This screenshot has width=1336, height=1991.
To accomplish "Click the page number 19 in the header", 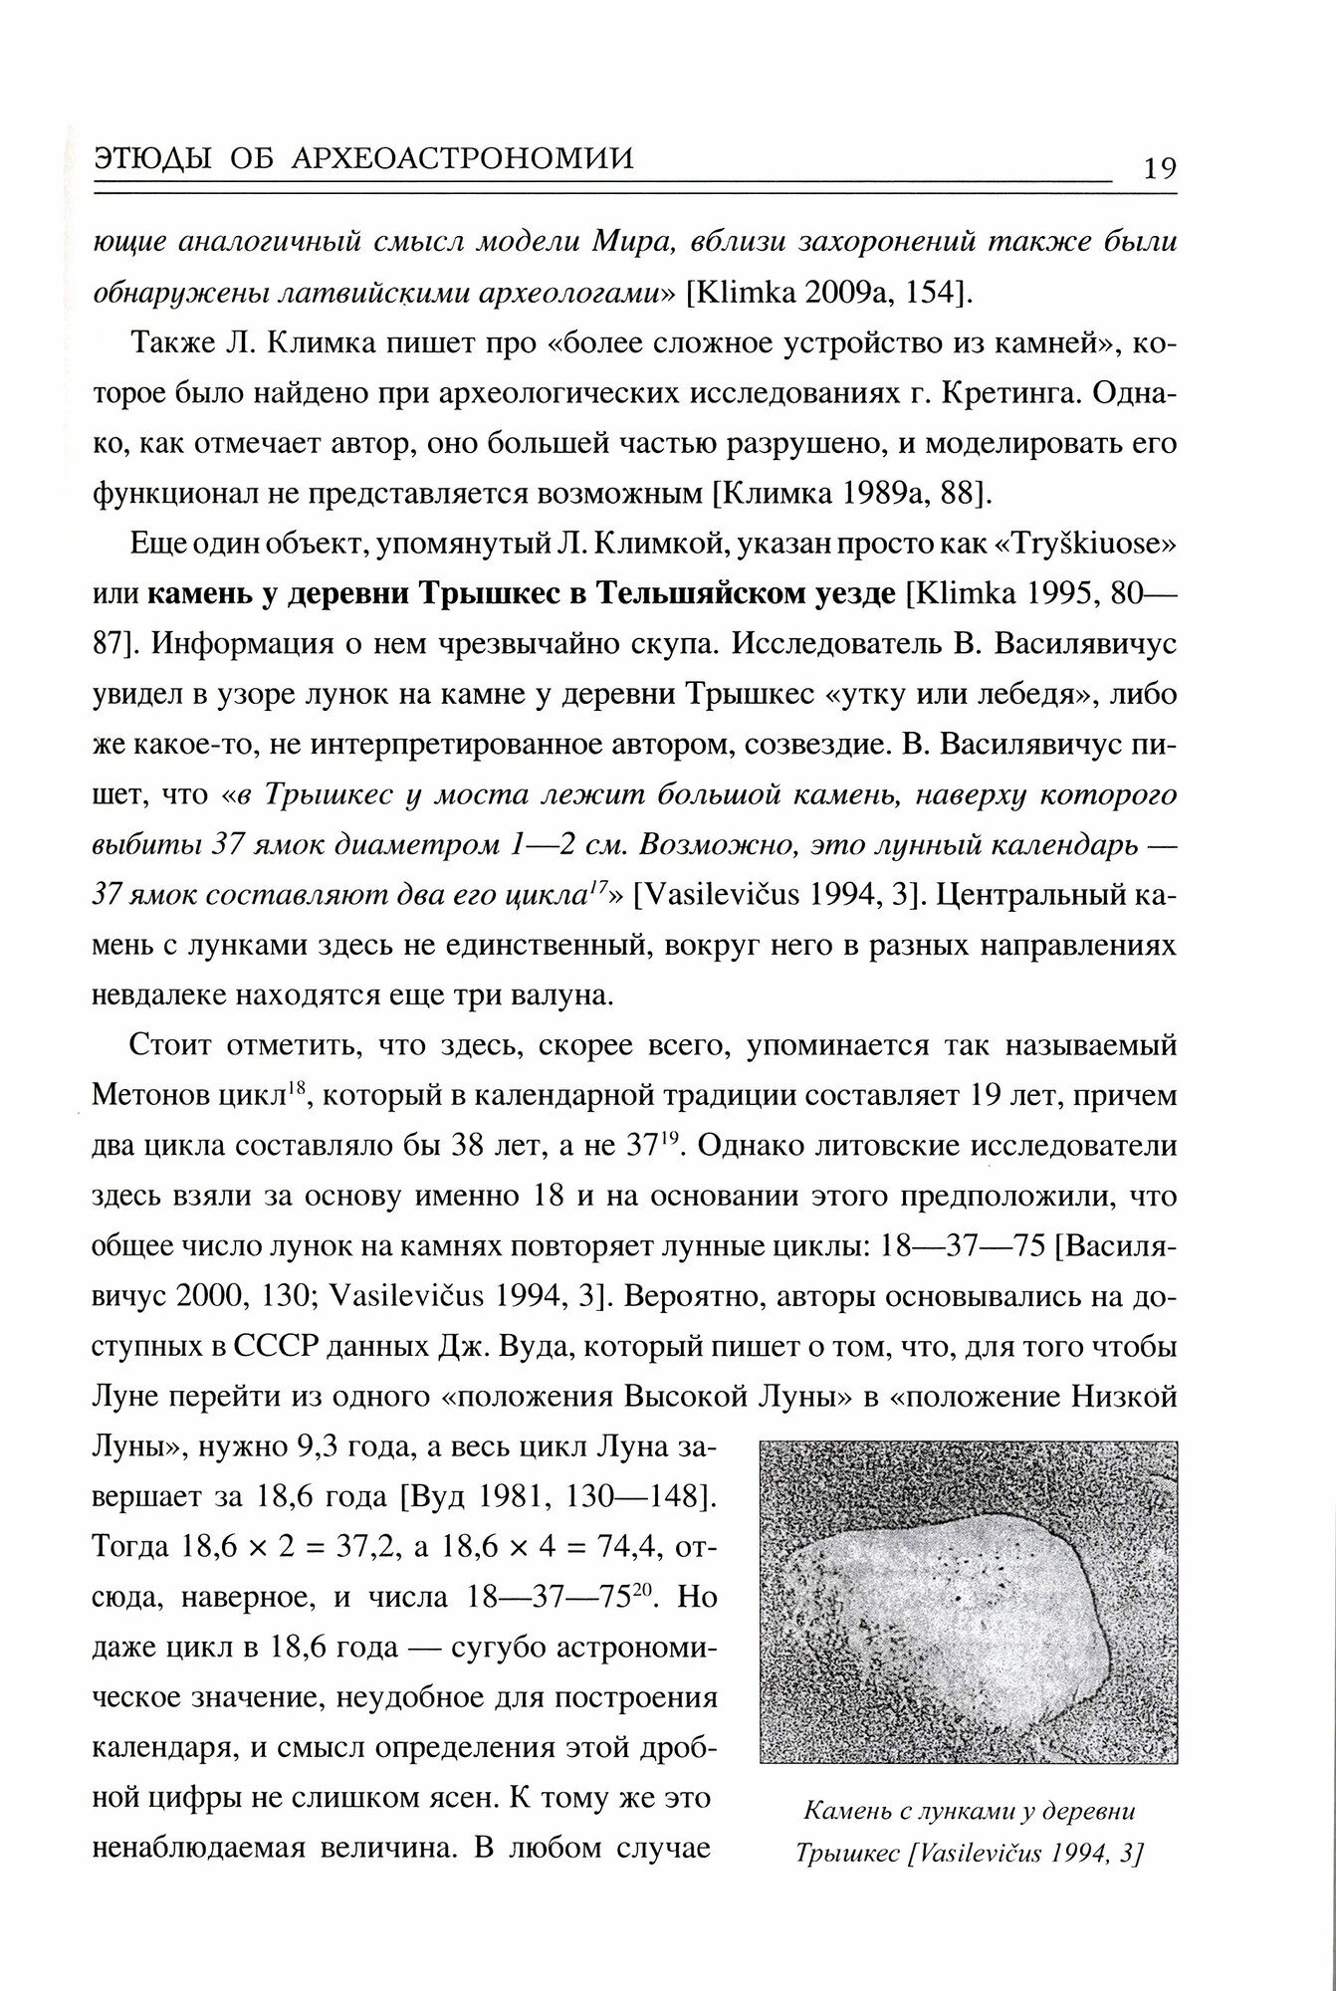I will pos(1159,167).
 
